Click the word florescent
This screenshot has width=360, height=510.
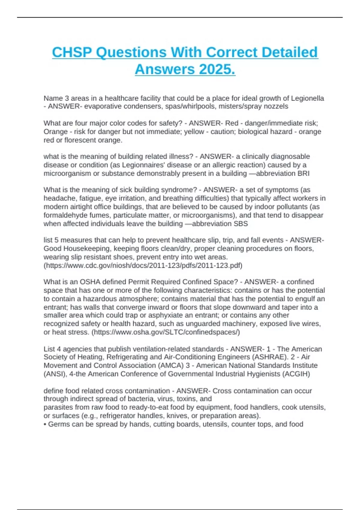coord(77,140)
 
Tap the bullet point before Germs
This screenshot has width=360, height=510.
coord(45,424)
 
